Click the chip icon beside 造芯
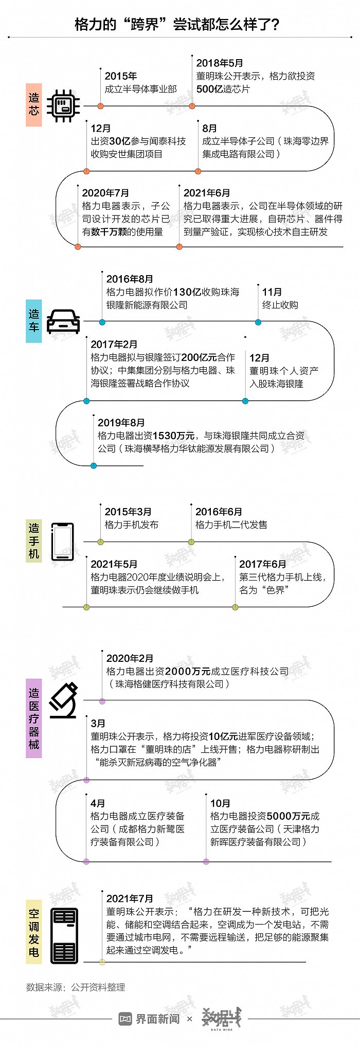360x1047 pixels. point(63,105)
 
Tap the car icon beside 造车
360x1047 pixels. point(63,322)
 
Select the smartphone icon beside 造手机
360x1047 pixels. point(63,541)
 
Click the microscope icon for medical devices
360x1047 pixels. point(63,700)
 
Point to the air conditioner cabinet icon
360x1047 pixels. point(64,935)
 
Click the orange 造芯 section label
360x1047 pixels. point(34,104)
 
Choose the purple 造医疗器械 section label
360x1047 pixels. point(34,718)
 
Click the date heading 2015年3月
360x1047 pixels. point(128,512)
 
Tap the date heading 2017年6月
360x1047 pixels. point(262,564)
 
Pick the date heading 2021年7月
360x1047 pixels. point(130,898)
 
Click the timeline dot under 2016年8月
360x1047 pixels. point(102,322)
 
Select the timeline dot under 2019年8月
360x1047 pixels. point(94,466)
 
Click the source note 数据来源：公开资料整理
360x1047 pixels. point(76,987)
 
